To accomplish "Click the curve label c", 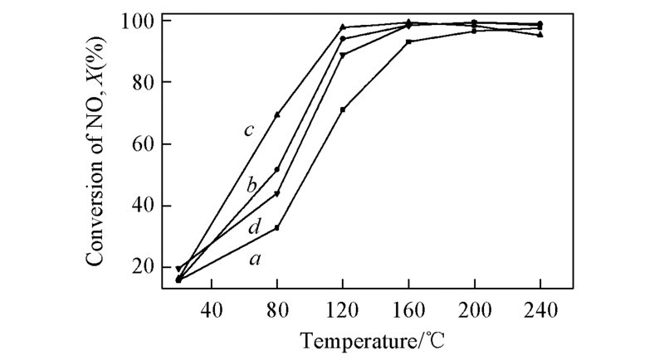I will (x=248, y=130).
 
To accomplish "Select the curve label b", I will (x=251, y=184).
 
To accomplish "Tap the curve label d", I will (x=256, y=226).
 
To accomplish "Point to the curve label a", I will (x=256, y=260).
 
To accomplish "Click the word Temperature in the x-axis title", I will (x=349, y=341).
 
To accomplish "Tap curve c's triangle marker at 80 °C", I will (x=277, y=114).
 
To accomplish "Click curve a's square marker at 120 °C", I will (x=343, y=109).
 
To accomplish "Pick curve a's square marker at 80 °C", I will (x=277, y=227).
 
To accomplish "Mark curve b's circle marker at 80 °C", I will (x=277, y=169).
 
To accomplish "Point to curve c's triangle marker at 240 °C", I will (x=540, y=35).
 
